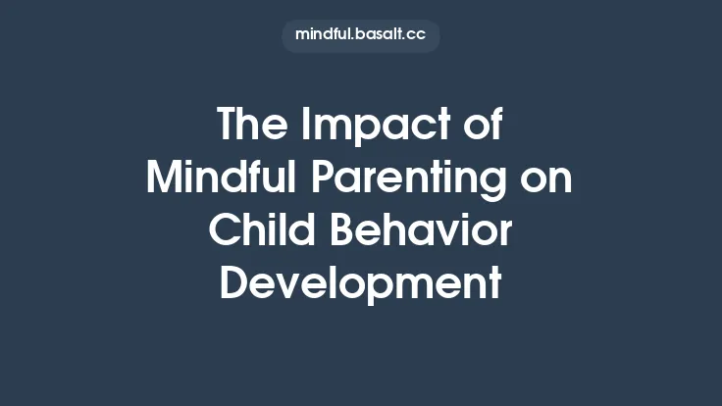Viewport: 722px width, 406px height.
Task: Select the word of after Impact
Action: [x=478, y=127]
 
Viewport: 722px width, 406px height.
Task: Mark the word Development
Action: [x=360, y=285]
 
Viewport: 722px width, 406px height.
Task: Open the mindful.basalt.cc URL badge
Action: [x=360, y=35]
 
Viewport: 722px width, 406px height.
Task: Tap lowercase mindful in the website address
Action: [x=323, y=35]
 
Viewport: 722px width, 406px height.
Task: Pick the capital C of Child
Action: [x=225, y=231]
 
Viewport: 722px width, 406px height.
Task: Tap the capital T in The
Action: [x=228, y=127]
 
